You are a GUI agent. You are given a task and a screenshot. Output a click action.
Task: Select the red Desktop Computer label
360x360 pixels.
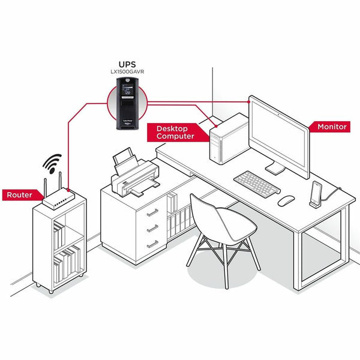pyautogui.click(x=175, y=132)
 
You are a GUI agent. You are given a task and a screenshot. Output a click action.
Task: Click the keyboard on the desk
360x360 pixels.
pyautogui.click(x=257, y=182)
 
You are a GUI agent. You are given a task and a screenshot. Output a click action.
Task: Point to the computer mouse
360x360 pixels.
pyautogui.click(x=287, y=200)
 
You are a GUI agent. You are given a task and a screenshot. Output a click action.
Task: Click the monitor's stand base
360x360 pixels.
pyautogui.click(x=274, y=170)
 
